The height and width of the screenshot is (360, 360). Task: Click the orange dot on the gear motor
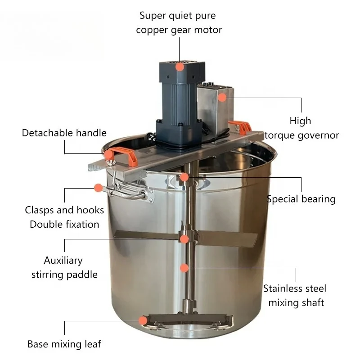tap(180, 67)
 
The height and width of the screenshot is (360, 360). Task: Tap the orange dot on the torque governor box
tap(222, 97)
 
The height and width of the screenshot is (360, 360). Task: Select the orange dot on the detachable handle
tap(108, 155)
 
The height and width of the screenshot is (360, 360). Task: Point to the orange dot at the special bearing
tap(184, 177)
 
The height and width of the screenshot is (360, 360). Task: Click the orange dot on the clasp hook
tap(98, 188)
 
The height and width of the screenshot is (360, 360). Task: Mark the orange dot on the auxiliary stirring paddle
tap(184, 239)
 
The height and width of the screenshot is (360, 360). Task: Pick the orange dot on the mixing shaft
tap(184, 268)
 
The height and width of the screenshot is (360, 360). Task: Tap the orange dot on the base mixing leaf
tap(143, 321)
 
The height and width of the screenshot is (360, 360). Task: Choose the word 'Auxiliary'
tap(63, 260)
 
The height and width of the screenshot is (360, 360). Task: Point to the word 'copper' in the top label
tap(152, 30)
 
